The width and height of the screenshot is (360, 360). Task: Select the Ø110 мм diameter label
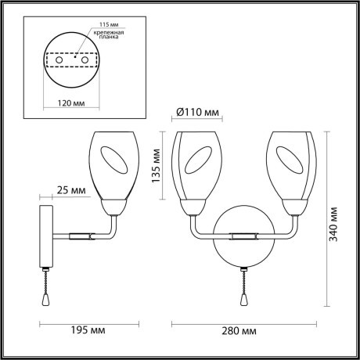[x=196, y=113]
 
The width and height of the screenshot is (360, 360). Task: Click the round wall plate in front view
[x=243, y=243]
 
